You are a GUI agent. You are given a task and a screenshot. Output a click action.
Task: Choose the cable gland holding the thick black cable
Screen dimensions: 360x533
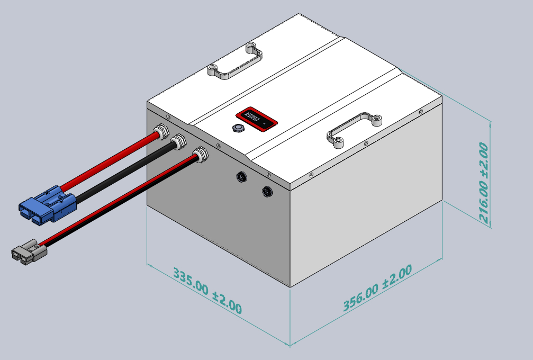178,141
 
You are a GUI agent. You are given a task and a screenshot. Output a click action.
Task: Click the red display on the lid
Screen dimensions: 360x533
257,118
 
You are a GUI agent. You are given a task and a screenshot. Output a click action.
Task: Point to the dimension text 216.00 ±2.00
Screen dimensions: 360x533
483,182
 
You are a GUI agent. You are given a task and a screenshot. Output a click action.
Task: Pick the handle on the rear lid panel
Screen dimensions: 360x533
236,62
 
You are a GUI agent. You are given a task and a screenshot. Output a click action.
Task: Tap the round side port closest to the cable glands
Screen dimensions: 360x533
242,176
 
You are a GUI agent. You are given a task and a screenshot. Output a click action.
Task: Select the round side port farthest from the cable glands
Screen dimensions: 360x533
267,191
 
